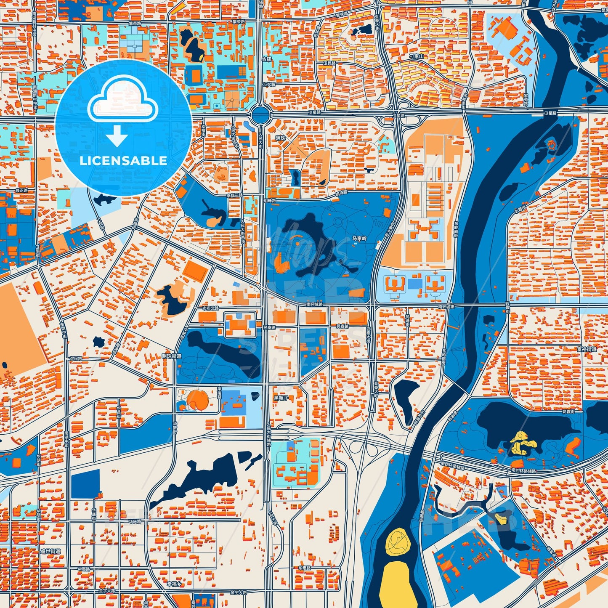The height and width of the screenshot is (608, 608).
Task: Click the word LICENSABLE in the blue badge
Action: (123, 161)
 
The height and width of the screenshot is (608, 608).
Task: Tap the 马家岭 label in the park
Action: (359, 239)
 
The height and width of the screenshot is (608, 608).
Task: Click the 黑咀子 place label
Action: (281, 398)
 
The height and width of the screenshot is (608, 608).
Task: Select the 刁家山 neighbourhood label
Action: (417, 56)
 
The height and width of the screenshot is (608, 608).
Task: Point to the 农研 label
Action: (267, 59)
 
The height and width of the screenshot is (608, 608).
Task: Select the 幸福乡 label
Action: (174, 584)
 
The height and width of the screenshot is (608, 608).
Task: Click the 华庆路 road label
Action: (135, 522)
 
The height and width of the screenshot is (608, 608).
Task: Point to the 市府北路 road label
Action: (210, 308)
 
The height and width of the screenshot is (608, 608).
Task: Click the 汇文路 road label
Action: (269, 84)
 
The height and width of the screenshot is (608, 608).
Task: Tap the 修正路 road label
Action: (21, 190)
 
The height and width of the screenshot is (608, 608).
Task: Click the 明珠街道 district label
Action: (172, 356)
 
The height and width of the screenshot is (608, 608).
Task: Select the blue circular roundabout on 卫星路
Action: (260, 114)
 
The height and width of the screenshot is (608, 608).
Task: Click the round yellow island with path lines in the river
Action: (398, 542)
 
